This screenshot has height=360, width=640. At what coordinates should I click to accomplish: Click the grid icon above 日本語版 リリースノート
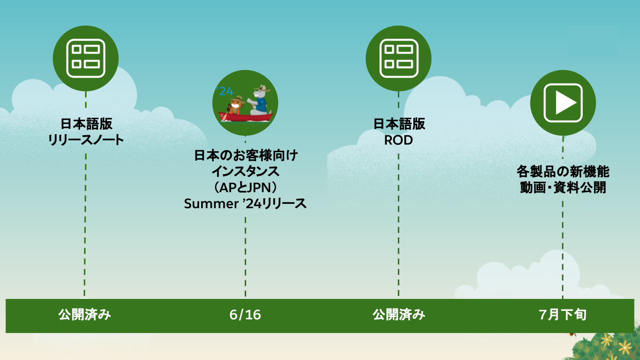click(x=86, y=58)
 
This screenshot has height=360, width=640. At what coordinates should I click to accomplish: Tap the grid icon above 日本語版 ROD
click(x=398, y=58)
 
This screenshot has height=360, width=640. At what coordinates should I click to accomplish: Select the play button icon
click(x=562, y=103)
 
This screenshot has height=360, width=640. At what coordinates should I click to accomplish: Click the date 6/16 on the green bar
click(x=245, y=315)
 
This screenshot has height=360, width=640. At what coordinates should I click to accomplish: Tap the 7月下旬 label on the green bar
click(x=562, y=315)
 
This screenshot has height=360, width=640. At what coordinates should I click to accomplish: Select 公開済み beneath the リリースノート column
click(x=85, y=315)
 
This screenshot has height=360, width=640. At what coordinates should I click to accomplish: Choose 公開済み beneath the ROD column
click(x=399, y=315)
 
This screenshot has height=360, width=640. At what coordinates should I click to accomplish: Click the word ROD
click(x=398, y=140)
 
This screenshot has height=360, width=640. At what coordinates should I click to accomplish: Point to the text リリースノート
click(x=86, y=140)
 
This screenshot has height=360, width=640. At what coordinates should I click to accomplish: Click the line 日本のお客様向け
click(x=245, y=155)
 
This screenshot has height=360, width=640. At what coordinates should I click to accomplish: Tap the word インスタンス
click(x=245, y=171)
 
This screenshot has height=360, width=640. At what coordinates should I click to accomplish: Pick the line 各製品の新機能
click(x=562, y=172)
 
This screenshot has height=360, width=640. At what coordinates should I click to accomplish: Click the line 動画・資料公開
click(x=562, y=188)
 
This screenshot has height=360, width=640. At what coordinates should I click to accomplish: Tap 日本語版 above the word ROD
click(x=399, y=124)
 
